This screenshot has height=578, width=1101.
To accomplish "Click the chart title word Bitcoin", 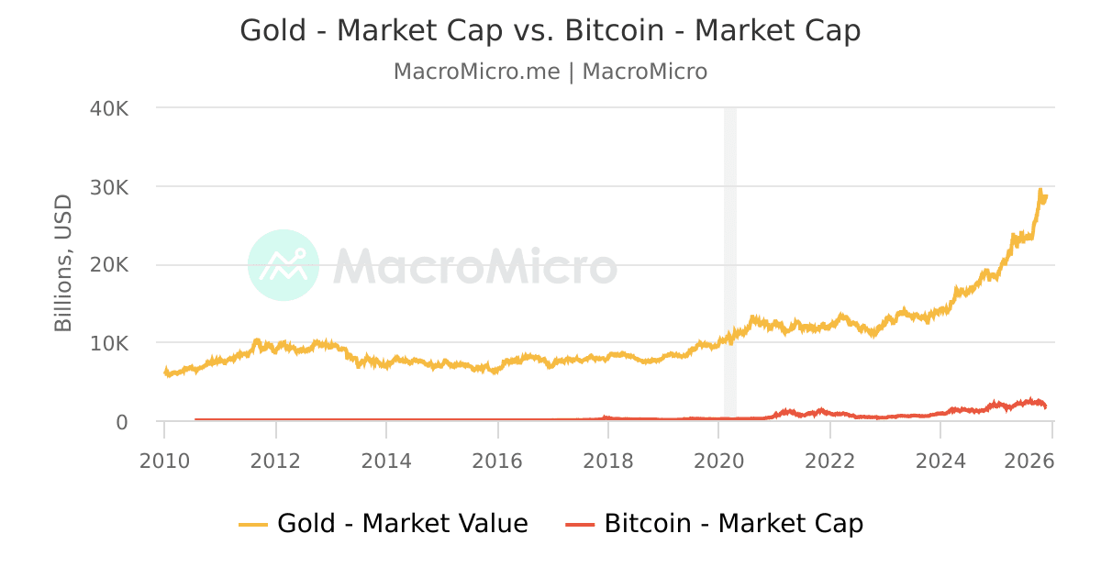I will pos(614,30).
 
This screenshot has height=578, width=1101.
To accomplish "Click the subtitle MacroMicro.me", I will pos(476,72).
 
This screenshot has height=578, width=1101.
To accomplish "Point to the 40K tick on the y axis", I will pos(109,108).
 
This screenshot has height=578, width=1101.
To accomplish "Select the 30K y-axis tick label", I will pos(109,187).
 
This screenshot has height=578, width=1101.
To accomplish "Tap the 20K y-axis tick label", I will pos(109,265).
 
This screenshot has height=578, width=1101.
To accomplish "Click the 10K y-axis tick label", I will pos(109,344).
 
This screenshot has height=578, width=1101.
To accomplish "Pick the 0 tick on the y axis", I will pos(121,422).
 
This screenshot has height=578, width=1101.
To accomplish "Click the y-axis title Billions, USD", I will pos(62,263).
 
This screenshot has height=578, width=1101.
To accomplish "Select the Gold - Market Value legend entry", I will pos(402,524).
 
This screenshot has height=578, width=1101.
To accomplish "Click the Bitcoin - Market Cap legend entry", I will pos(733,524).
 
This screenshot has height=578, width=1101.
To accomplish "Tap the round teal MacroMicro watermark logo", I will pos(284,265).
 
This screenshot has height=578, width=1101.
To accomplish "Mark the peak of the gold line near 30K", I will pos(1040,190).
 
